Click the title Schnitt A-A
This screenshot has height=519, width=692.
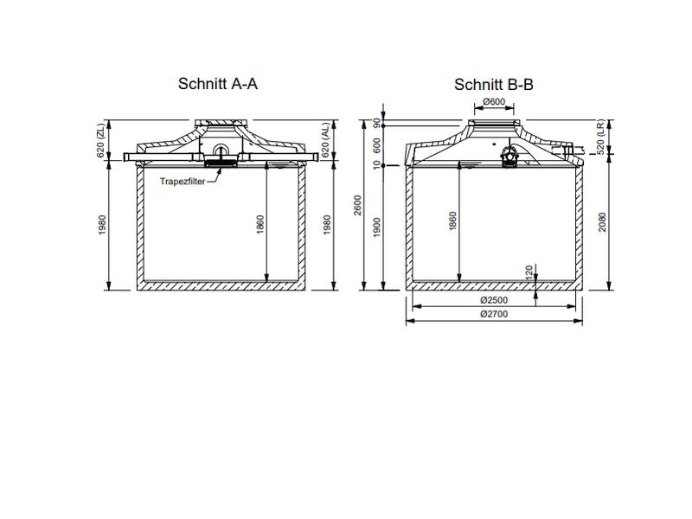click(218, 84)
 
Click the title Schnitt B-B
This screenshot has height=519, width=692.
click(493, 84)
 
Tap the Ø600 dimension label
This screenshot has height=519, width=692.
click(494, 101)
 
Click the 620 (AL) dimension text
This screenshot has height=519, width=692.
click(326, 139)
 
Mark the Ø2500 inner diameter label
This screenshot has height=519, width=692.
click(493, 300)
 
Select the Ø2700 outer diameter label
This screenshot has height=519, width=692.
click(493, 314)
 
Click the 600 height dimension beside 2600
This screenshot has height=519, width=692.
click(378, 144)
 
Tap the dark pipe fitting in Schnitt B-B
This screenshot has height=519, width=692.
click(510, 155)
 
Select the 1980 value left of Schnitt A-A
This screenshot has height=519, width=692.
click(100, 227)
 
